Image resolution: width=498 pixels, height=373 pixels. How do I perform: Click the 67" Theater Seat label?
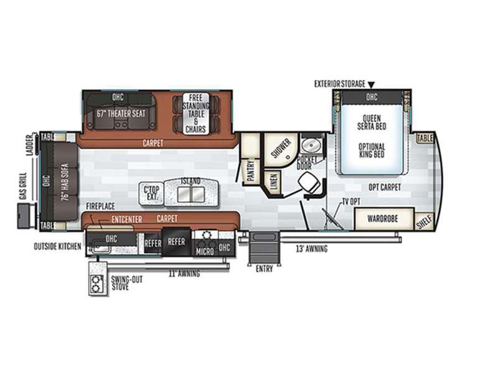pos(121,114)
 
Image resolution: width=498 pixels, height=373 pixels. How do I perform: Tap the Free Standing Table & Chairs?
pos(195,114)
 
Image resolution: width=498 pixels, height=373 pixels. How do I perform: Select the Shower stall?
pos(281,149)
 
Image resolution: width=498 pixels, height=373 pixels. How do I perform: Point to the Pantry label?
pos(251,170)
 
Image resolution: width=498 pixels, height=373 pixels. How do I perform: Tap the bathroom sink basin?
pos(310,145)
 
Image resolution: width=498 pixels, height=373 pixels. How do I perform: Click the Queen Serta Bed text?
pos(372,122)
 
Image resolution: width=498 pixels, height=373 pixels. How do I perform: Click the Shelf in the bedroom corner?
pos(425,221)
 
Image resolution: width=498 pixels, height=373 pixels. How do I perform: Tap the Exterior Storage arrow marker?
pos(371,85)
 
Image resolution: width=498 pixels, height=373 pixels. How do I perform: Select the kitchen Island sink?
pos(191,194)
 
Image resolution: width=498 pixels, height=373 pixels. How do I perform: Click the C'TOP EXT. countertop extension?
pos(151,193)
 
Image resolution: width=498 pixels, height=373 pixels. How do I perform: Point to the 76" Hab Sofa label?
pos(65,182)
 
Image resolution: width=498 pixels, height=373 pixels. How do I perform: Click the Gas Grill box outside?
pos(27,216)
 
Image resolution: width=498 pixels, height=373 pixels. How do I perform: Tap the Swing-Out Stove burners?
pos(96,284)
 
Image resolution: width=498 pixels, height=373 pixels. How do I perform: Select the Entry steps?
pos(264,248)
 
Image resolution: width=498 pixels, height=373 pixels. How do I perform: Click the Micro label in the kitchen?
pos(205,252)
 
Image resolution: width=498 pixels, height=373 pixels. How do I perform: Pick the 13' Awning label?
pos(312,249)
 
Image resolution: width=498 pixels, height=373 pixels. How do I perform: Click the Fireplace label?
pos(100,206)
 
